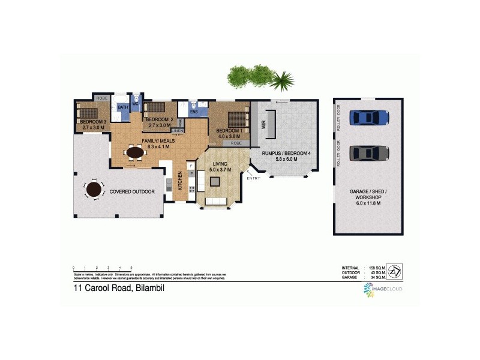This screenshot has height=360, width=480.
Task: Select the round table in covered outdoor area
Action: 94,190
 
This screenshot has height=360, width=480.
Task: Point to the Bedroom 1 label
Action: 229,131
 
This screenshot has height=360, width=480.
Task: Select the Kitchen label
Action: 179,180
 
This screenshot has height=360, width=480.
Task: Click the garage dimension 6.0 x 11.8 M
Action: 368,203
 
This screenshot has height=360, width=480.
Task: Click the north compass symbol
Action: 395,271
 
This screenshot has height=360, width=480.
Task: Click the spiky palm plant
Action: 281,79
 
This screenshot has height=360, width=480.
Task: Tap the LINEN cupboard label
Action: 178,131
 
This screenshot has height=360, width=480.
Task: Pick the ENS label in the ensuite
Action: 194,112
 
